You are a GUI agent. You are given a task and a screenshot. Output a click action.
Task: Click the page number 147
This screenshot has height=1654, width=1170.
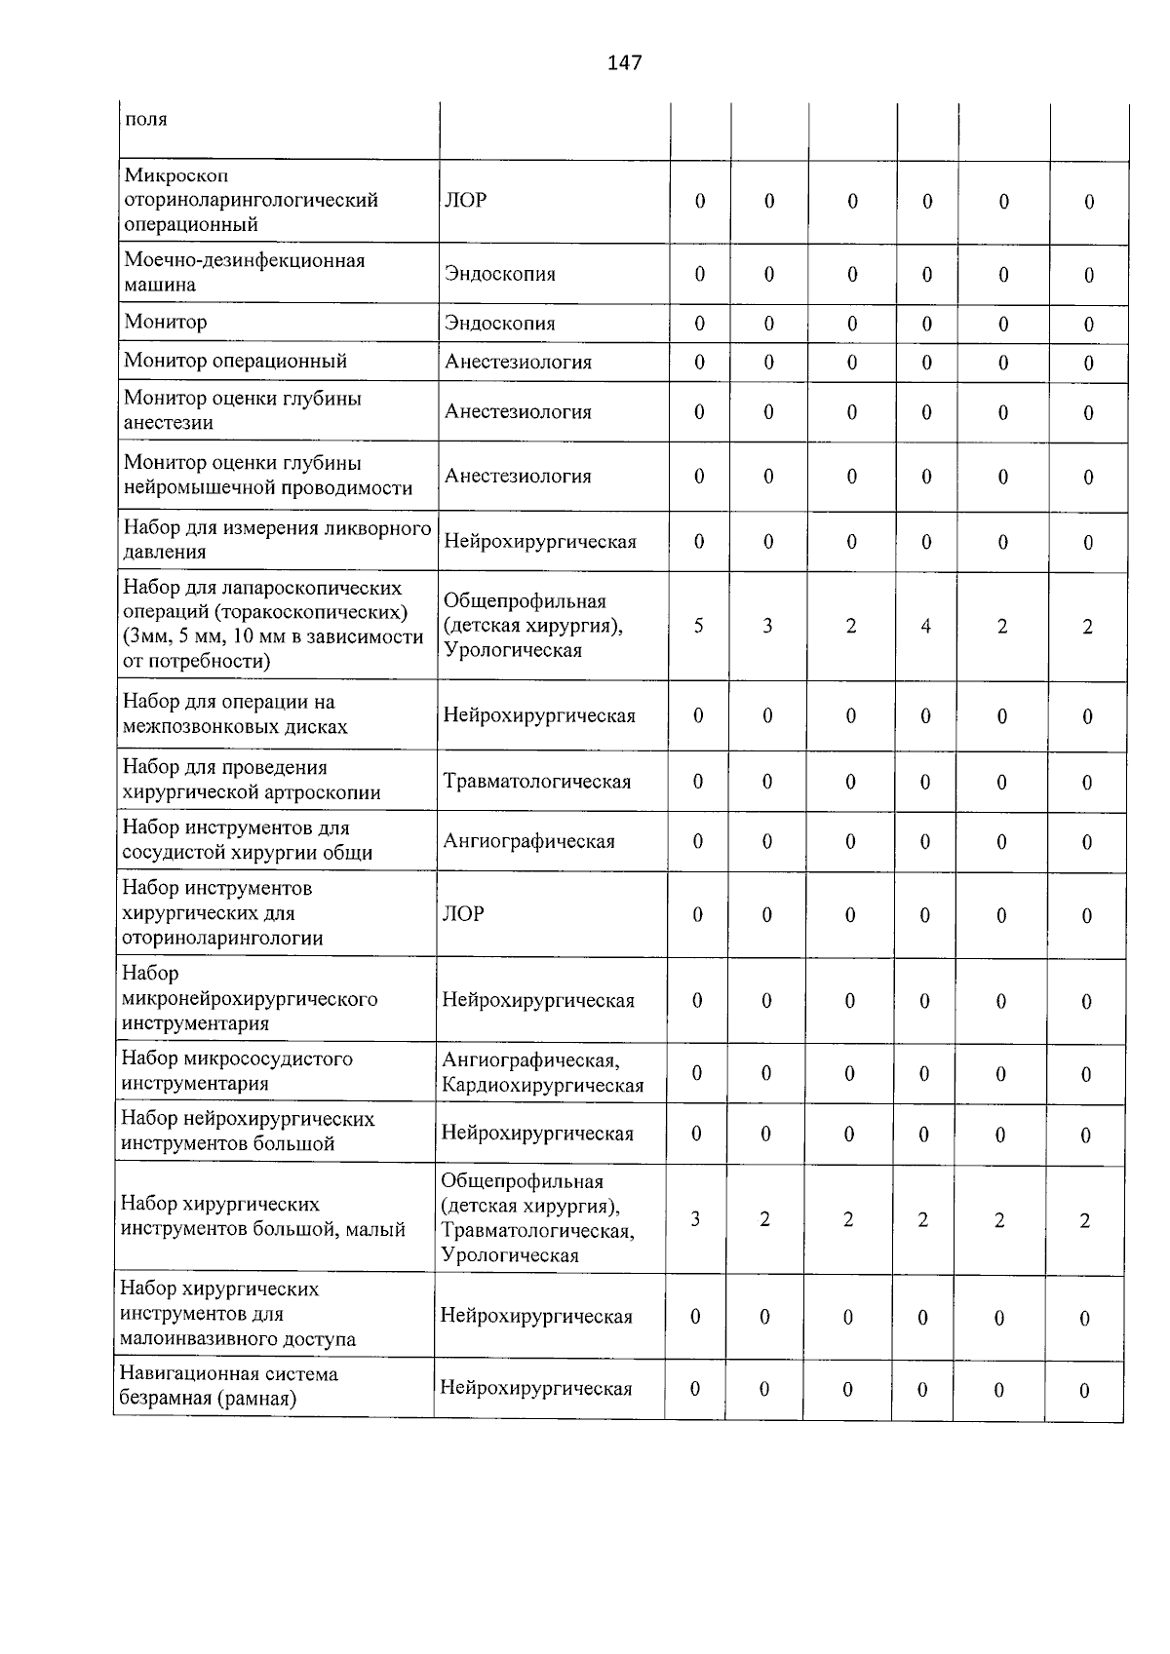pos(624,63)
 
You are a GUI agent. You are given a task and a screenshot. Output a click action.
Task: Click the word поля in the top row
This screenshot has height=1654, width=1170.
pos(146,120)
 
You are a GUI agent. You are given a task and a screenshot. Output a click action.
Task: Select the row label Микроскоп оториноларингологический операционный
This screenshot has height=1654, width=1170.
pos(251,200)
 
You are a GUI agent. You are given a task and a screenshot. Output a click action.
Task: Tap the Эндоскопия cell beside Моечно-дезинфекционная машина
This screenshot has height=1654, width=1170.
pos(499,274)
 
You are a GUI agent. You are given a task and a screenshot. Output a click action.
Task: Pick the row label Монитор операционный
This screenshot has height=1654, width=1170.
pos(235,361)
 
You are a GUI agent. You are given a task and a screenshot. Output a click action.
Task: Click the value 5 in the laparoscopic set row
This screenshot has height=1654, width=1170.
pos(699,626)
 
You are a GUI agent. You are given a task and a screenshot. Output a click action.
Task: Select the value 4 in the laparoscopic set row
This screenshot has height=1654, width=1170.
pos(925,626)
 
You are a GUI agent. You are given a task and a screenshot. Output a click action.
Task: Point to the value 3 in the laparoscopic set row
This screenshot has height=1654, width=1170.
pos(767,626)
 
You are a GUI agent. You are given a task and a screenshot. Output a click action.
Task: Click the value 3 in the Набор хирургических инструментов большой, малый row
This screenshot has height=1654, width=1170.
pos(695,1218)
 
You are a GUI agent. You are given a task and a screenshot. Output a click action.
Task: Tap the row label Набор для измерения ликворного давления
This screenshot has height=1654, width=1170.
pos(276,540)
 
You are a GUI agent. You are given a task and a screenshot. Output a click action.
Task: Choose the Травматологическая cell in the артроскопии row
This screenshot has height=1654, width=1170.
pos(536,781)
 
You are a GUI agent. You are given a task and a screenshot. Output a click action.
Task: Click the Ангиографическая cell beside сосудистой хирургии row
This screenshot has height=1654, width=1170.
pos(528,841)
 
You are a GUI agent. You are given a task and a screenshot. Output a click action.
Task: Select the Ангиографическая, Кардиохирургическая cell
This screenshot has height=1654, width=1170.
pos(542,1072)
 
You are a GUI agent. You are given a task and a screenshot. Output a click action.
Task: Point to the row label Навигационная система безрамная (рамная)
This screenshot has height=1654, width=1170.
pos(228,1386)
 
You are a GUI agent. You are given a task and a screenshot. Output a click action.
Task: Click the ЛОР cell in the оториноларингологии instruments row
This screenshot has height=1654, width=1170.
pos(464,913)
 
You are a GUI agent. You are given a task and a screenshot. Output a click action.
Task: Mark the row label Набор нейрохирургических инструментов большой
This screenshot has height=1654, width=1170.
pos(248,1131)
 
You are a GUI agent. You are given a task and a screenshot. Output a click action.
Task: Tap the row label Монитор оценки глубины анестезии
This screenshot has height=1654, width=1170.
pos(242,410)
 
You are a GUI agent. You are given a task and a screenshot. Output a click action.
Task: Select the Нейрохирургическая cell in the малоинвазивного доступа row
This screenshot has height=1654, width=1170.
pos(536,1316)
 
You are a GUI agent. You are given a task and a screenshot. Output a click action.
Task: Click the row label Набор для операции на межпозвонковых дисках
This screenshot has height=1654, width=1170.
pos(234,714)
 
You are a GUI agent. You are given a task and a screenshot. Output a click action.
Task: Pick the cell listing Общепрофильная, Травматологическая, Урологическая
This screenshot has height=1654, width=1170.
pos(537,1218)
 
